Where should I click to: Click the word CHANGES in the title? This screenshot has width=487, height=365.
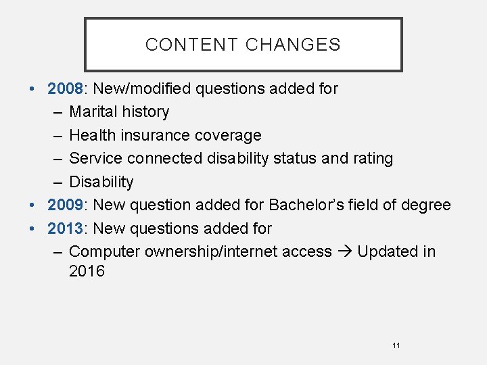pos(293,45)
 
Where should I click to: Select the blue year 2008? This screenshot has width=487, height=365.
pos(65,89)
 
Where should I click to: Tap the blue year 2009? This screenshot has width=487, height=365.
pos(65,205)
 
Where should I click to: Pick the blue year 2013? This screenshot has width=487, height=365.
pos(65,228)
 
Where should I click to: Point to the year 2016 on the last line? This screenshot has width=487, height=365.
pos(87,272)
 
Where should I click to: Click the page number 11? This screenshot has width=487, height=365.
pos(396,345)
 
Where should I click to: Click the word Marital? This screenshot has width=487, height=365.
pos(92,112)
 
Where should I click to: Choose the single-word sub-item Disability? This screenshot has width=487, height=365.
pos(101,182)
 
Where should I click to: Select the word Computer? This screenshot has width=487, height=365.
pos(102,252)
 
